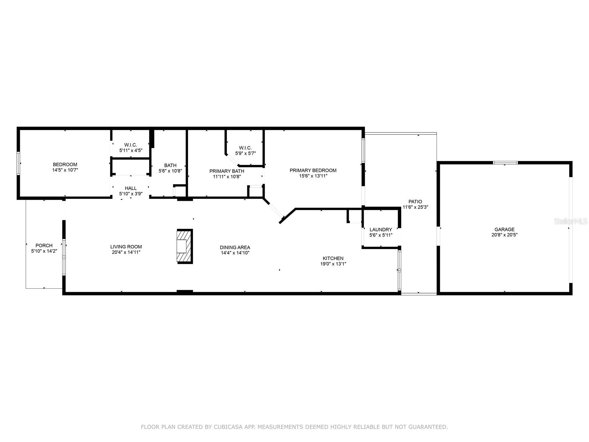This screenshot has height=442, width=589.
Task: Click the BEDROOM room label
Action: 65,165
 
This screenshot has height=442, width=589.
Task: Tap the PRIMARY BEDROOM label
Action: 313,171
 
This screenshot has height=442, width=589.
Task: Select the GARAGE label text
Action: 504,229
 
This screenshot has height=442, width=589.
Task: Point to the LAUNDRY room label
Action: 381,230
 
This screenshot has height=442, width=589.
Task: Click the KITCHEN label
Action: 333,259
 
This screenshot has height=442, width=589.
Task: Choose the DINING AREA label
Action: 235,248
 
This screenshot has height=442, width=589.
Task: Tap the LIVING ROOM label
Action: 126,247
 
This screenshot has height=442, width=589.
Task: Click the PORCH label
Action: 44,246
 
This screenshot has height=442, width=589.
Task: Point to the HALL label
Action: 131,188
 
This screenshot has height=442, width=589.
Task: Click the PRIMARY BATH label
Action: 227,171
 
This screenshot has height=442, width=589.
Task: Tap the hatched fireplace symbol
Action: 185,246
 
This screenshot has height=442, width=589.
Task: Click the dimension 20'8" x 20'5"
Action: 504,235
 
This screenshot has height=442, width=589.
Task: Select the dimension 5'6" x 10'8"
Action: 170,171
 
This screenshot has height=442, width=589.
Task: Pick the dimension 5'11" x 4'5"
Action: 131,151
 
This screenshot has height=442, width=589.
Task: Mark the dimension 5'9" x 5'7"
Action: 245,154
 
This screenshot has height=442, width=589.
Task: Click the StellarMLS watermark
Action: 571,221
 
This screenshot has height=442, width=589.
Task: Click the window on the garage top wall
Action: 505,163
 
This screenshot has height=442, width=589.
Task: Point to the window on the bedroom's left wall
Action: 18,164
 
